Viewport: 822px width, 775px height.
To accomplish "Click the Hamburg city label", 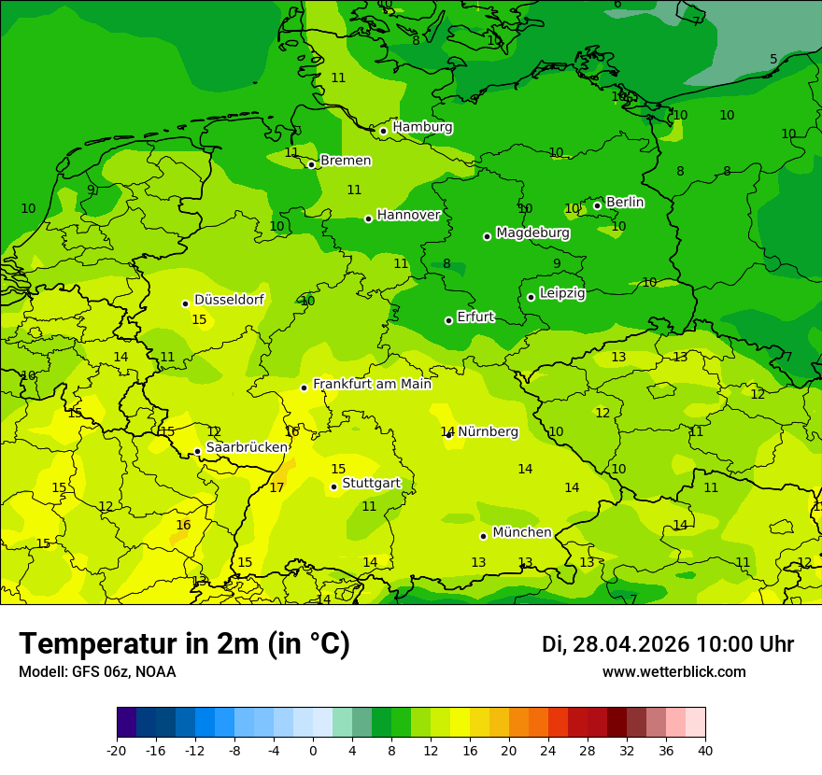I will pyautogui.click(x=422, y=127).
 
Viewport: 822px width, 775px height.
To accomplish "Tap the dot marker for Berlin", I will pyautogui.click(x=597, y=205).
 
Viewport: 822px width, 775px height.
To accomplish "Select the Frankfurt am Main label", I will pyautogui.click(x=372, y=384).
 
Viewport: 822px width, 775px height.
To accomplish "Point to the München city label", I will pyautogui.click(x=521, y=532).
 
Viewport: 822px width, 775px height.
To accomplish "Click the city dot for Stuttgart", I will pyautogui.click(x=333, y=486).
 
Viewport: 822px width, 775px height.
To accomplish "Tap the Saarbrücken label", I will pyautogui.click(x=247, y=447).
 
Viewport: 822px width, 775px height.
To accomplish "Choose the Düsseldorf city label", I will pyautogui.click(x=229, y=300).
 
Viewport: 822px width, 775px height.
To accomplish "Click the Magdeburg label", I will pyautogui.click(x=532, y=232).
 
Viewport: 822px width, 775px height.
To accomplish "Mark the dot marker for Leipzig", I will pyautogui.click(x=531, y=297).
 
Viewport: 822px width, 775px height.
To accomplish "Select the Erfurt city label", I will pyautogui.click(x=475, y=317).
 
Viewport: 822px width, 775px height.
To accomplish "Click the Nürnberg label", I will pyautogui.click(x=488, y=431).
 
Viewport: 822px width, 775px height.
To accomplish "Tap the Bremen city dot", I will pyautogui.click(x=311, y=164).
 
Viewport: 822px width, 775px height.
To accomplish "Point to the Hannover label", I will pyautogui.click(x=408, y=215).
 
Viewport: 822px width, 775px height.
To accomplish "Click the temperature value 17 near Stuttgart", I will pyautogui.click(x=276, y=487).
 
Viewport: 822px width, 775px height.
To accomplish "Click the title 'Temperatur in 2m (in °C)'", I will pyautogui.click(x=184, y=643).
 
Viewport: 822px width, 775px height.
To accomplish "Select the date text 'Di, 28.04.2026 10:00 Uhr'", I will pyautogui.click(x=667, y=644).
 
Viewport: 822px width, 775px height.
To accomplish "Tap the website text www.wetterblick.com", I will pyautogui.click(x=673, y=671).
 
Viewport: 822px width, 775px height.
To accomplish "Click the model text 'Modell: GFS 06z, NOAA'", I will pyautogui.click(x=97, y=671).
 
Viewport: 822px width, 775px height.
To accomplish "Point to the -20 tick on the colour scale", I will pyautogui.click(x=117, y=750).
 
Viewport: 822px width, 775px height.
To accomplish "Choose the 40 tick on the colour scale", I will pyautogui.click(x=704, y=750).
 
